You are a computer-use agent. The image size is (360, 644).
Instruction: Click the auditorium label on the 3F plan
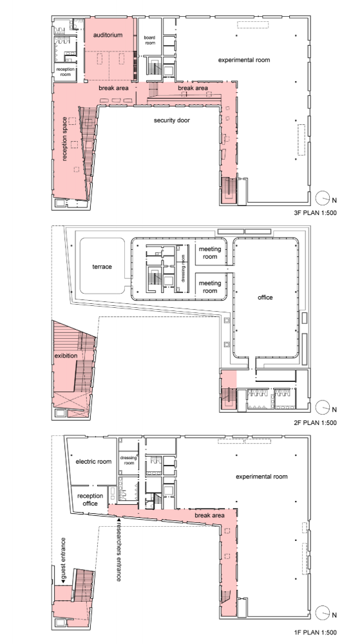(x=108, y=35)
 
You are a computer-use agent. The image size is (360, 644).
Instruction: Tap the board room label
(x=150, y=40)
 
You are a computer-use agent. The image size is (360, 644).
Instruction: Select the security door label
(x=172, y=120)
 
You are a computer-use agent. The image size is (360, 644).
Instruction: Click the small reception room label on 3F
(x=65, y=72)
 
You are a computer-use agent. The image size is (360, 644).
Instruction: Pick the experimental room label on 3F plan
(x=244, y=60)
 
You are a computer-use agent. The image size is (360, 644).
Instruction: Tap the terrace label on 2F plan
(x=102, y=267)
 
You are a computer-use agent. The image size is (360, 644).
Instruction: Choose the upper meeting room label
(x=210, y=252)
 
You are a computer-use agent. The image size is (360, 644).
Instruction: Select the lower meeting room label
(x=210, y=287)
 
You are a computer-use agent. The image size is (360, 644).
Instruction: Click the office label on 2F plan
(x=265, y=298)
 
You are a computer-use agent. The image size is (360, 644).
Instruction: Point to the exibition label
(x=66, y=355)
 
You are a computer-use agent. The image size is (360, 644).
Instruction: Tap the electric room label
(x=93, y=462)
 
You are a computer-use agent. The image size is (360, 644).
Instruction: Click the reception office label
(x=90, y=500)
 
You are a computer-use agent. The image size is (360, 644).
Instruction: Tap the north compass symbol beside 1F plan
(x=323, y=613)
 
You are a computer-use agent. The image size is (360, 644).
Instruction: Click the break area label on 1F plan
(x=210, y=515)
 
